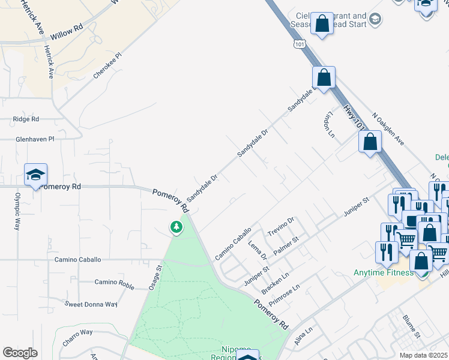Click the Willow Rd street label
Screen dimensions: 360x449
[67, 30]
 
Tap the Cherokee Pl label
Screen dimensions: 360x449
[107, 65]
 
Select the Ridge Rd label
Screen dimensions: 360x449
[26, 119]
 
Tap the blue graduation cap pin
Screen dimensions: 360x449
[35, 176]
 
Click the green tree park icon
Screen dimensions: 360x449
[176, 227]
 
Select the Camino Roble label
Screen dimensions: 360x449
[115, 283]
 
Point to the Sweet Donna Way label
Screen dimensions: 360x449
[91, 304]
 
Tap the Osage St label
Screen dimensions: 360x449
[155, 278]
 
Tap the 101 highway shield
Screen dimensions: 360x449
[299, 44]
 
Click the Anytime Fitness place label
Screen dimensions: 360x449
[383, 273]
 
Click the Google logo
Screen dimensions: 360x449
[20, 353]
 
